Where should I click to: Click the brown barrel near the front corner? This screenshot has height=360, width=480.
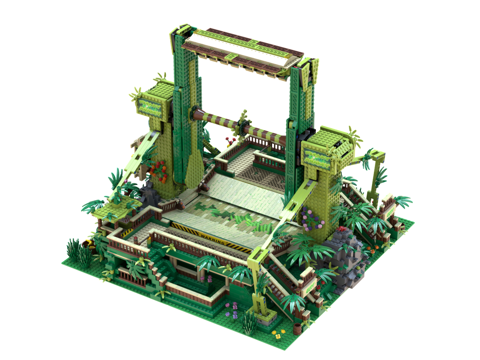(x=298, y=327)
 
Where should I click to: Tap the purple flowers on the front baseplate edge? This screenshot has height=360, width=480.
(x=235, y=307)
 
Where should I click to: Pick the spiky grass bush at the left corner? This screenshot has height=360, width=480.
(x=77, y=250)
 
